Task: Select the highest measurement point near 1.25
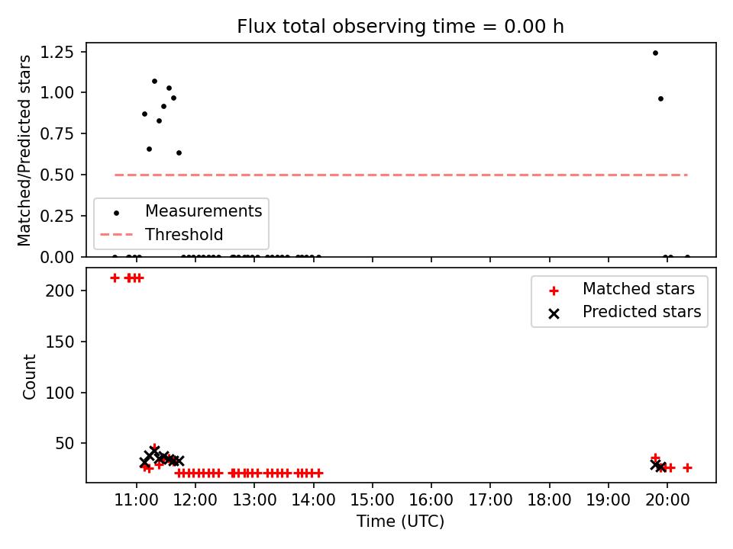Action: click(655, 53)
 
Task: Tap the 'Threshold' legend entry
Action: click(162, 234)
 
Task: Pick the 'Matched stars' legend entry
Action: click(621, 289)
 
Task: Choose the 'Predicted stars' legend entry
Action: click(624, 312)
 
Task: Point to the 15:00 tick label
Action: click(372, 500)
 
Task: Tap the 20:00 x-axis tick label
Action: click(667, 500)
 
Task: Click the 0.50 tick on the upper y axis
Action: click(57, 175)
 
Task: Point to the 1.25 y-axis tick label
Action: click(57, 53)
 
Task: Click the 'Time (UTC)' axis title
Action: click(401, 521)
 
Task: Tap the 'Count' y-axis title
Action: click(30, 377)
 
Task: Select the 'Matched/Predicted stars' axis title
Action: click(24, 150)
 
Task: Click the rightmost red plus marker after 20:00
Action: click(687, 467)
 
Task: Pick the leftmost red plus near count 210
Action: click(115, 278)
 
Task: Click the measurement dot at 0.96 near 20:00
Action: click(660, 99)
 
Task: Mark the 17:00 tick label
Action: click(490, 500)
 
